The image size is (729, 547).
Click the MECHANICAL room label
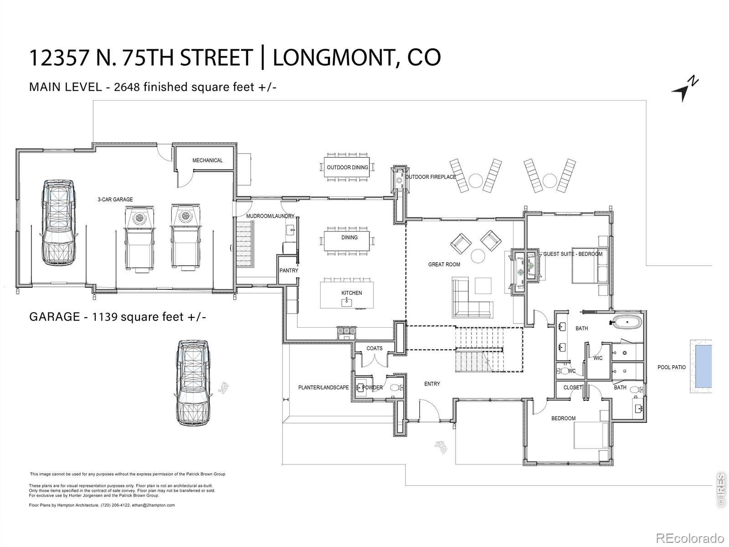pyautogui.click(x=208, y=160)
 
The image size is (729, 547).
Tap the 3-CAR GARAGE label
pyautogui.click(x=115, y=200)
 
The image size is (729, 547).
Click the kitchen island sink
pyautogui.click(x=347, y=302)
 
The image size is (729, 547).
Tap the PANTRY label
pyautogui.click(x=288, y=271)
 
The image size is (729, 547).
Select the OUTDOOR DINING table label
pyautogui.click(x=347, y=167)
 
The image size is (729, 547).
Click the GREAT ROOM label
pyautogui.click(x=444, y=265)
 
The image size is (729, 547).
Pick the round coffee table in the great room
pyautogui.click(x=478, y=256)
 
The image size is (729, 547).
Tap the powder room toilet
pyautogui.click(x=396, y=387)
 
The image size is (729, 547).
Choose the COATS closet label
pyautogui.click(x=375, y=348)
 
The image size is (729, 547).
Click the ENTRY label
pyautogui.click(x=432, y=384)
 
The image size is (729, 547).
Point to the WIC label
pyautogui.click(x=598, y=358)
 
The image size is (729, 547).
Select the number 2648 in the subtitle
pyautogui.click(x=127, y=87)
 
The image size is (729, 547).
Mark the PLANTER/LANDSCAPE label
pyautogui.click(x=323, y=387)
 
